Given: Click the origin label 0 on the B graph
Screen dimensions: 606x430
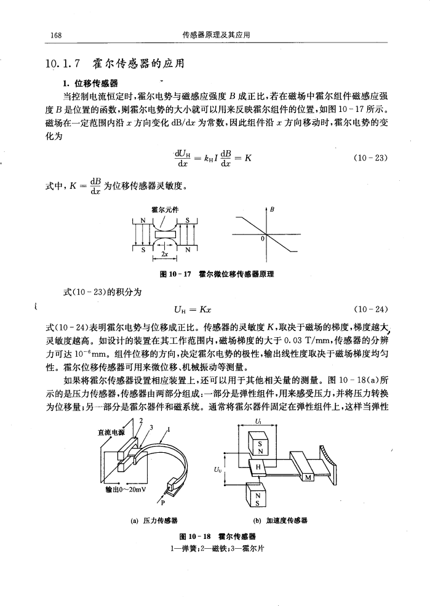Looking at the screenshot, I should pos(261,238).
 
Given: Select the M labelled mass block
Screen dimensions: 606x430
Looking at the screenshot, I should pos(309,477).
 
